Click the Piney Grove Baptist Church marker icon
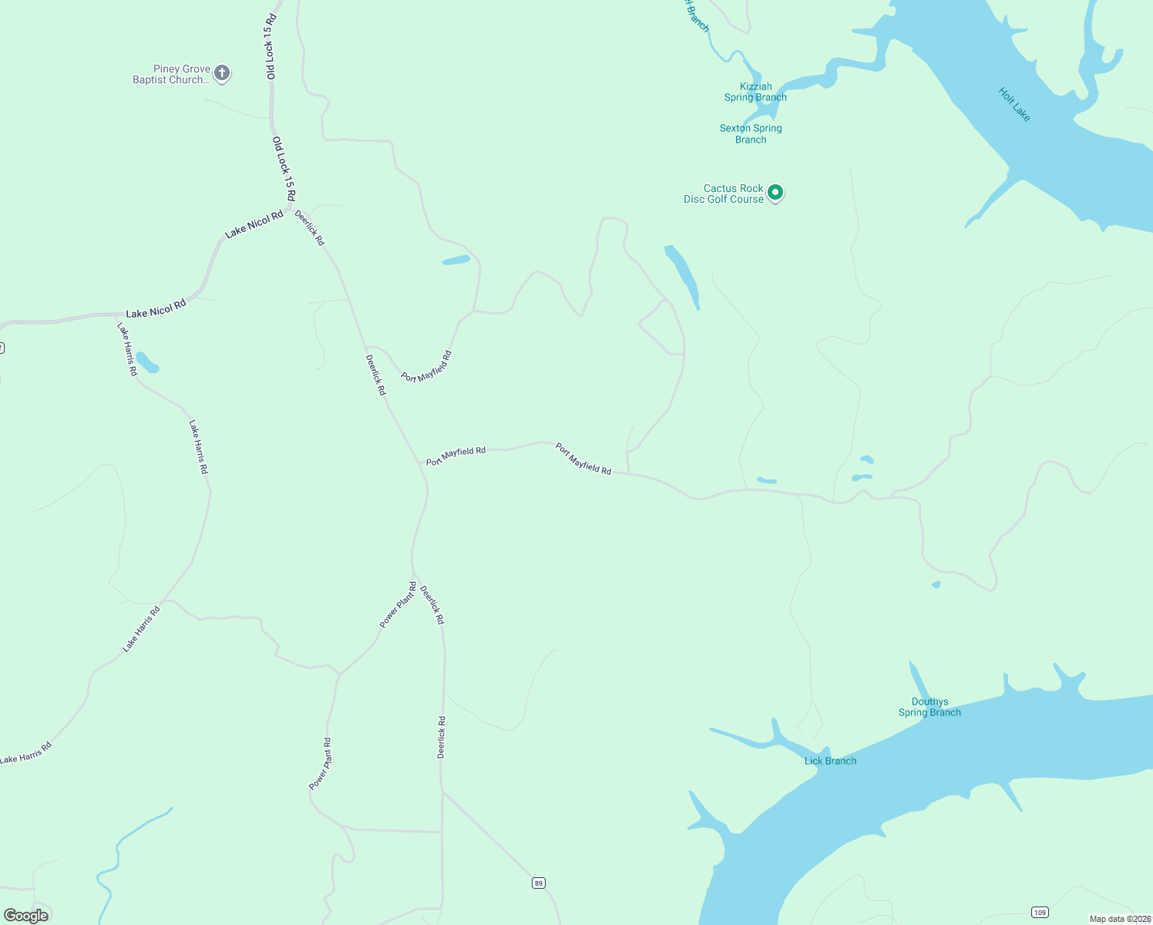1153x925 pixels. point(222,74)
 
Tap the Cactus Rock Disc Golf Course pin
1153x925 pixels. point(775,192)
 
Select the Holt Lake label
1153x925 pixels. point(1014,104)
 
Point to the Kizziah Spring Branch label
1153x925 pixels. point(755,92)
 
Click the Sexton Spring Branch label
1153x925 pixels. point(751,133)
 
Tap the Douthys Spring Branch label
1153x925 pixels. point(929,707)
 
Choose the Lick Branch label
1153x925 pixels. point(830,761)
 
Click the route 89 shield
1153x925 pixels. point(538,883)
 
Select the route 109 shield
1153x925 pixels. point(1040,913)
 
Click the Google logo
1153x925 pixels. point(26,916)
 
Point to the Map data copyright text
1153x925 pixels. point(1120,919)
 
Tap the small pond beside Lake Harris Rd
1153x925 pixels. point(147,363)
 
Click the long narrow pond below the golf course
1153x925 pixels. point(682,276)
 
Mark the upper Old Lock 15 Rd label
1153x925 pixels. point(270,46)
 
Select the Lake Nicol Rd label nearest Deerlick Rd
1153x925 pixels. point(254,224)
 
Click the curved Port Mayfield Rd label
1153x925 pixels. point(426,367)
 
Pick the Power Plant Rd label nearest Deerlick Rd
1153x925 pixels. point(398,605)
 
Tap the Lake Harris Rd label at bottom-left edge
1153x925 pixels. point(26,752)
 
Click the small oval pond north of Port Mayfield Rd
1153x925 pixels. point(455,261)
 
